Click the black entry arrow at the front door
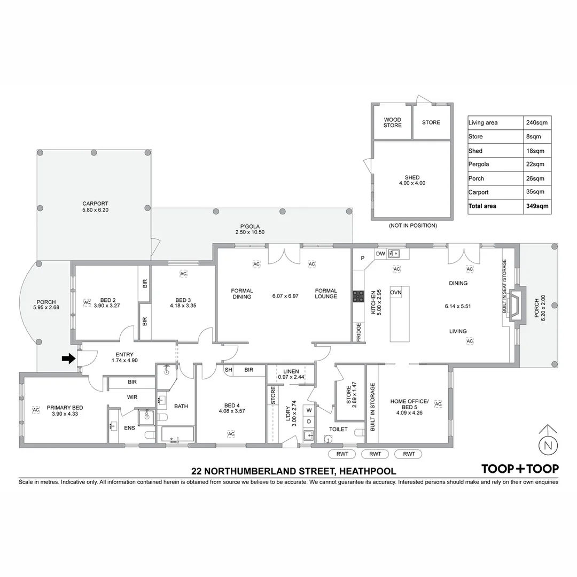(68, 359)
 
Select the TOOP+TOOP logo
(520, 469)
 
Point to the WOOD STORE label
(393, 122)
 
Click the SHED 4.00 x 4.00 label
(412, 180)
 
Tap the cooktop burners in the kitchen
(357, 297)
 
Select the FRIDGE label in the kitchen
(358, 332)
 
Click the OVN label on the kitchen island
(396, 293)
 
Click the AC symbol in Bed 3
(183, 274)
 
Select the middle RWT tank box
(375, 454)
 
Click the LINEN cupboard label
(291, 371)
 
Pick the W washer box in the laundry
(309, 410)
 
